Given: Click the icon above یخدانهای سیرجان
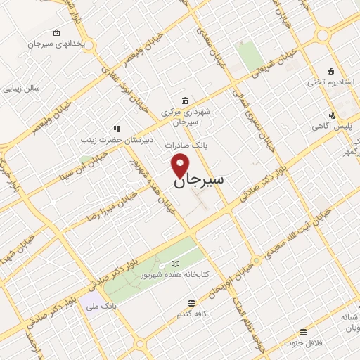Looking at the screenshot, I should [56, 32].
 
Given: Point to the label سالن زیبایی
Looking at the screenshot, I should [21, 89].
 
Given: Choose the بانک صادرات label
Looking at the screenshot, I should [184, 145].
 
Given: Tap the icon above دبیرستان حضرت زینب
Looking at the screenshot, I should [117, 129].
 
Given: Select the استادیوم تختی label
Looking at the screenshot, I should [325, 82].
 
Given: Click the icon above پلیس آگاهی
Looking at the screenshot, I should [332, 115].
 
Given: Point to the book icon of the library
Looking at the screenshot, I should [175, 264].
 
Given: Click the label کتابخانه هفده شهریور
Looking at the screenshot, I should [177, 275].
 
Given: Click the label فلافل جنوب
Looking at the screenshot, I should [303, 343].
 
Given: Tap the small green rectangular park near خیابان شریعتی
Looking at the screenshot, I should [249, 56].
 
